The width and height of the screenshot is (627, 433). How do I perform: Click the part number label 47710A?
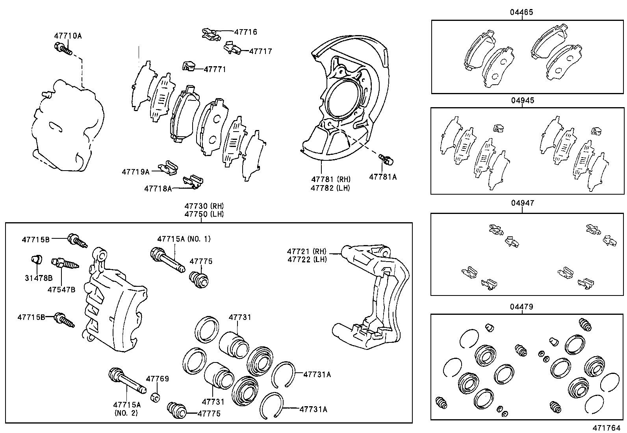(68, 36)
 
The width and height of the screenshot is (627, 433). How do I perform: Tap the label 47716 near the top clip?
(245, 32)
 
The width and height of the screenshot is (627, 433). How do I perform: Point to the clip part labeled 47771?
(190, 66)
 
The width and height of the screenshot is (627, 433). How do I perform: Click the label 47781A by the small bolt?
(383, 177)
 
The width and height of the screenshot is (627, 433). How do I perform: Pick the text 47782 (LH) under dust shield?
(330, 188)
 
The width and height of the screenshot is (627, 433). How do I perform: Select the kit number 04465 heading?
(522, 12)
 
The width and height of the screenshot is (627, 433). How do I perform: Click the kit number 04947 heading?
(523, 203)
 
